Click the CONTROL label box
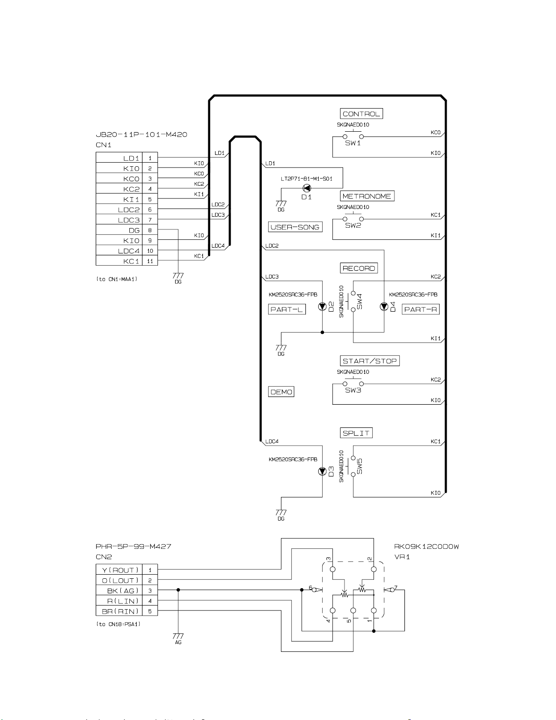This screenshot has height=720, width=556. point(361,114)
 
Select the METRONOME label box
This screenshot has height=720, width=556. point(367,196)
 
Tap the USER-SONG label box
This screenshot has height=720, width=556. point(295,227)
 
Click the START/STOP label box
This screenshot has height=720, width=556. point(369,361)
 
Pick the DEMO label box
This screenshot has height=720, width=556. point(281,392)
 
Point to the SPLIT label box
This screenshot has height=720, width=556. point(356,433)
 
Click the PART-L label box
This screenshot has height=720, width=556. point(286,309)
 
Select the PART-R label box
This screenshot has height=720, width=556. point(421,309)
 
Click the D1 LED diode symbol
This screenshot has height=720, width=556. point(307,188)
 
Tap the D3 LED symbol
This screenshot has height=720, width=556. point(322,471)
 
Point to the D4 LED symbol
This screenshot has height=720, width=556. point(384,307)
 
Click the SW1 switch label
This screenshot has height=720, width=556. point(353,143)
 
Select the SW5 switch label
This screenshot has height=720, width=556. point(360,466)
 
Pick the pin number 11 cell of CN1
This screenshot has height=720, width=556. point(150,261)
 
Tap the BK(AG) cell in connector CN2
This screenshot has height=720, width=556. point(119,591)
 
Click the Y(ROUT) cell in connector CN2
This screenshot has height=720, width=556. point(119,570)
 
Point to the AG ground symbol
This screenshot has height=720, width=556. point(178,639)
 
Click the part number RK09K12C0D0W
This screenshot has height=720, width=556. point(426,546)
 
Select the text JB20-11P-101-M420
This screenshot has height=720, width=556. point(141,134)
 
